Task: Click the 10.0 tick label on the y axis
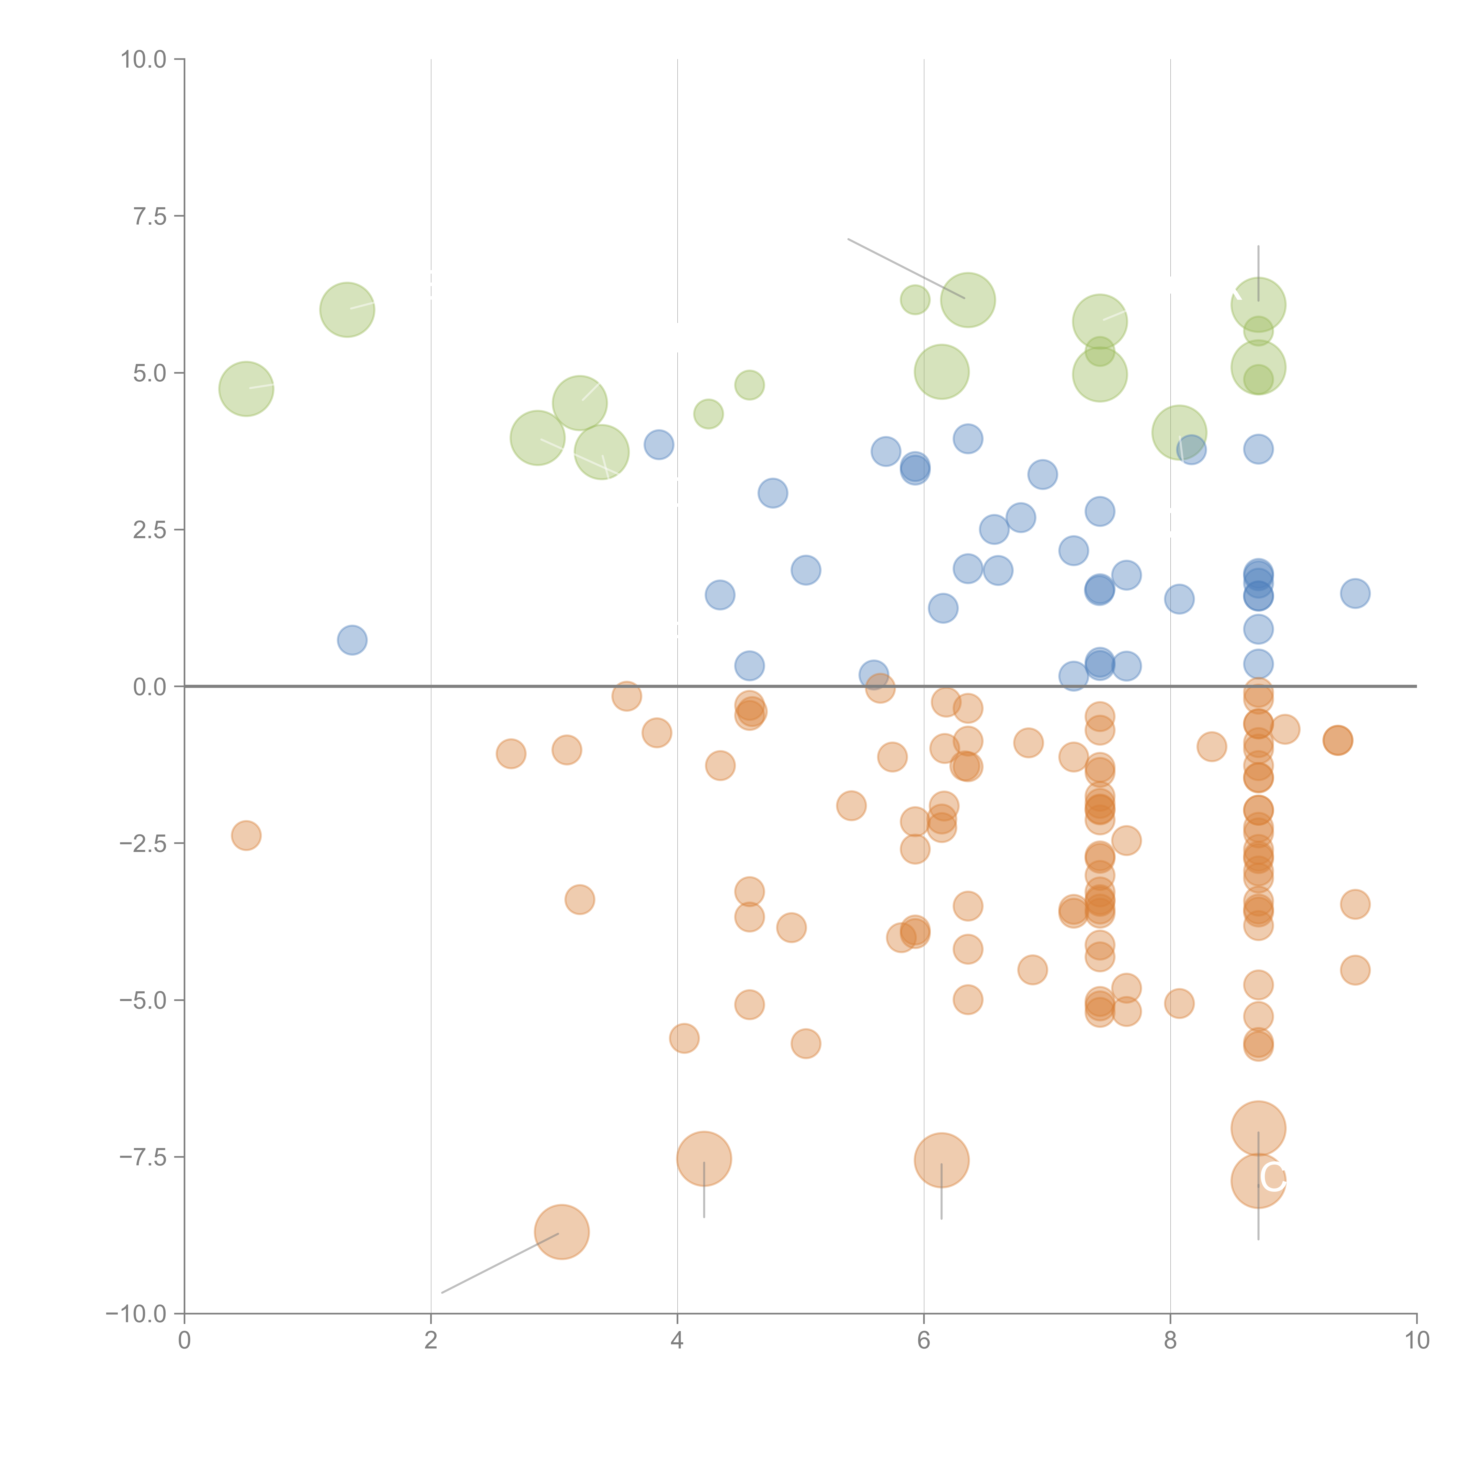pos(144,60)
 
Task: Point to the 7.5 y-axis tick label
pos(150,216)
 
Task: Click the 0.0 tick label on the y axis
pos(150,687)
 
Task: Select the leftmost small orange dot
pos(246,835)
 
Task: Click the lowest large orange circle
pos(561,1232)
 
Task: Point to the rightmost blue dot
pos(1355,593)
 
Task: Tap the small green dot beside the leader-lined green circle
pos(915,299)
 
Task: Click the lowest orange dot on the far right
pos(1355,970)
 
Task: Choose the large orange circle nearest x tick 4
pos(704,1158)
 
